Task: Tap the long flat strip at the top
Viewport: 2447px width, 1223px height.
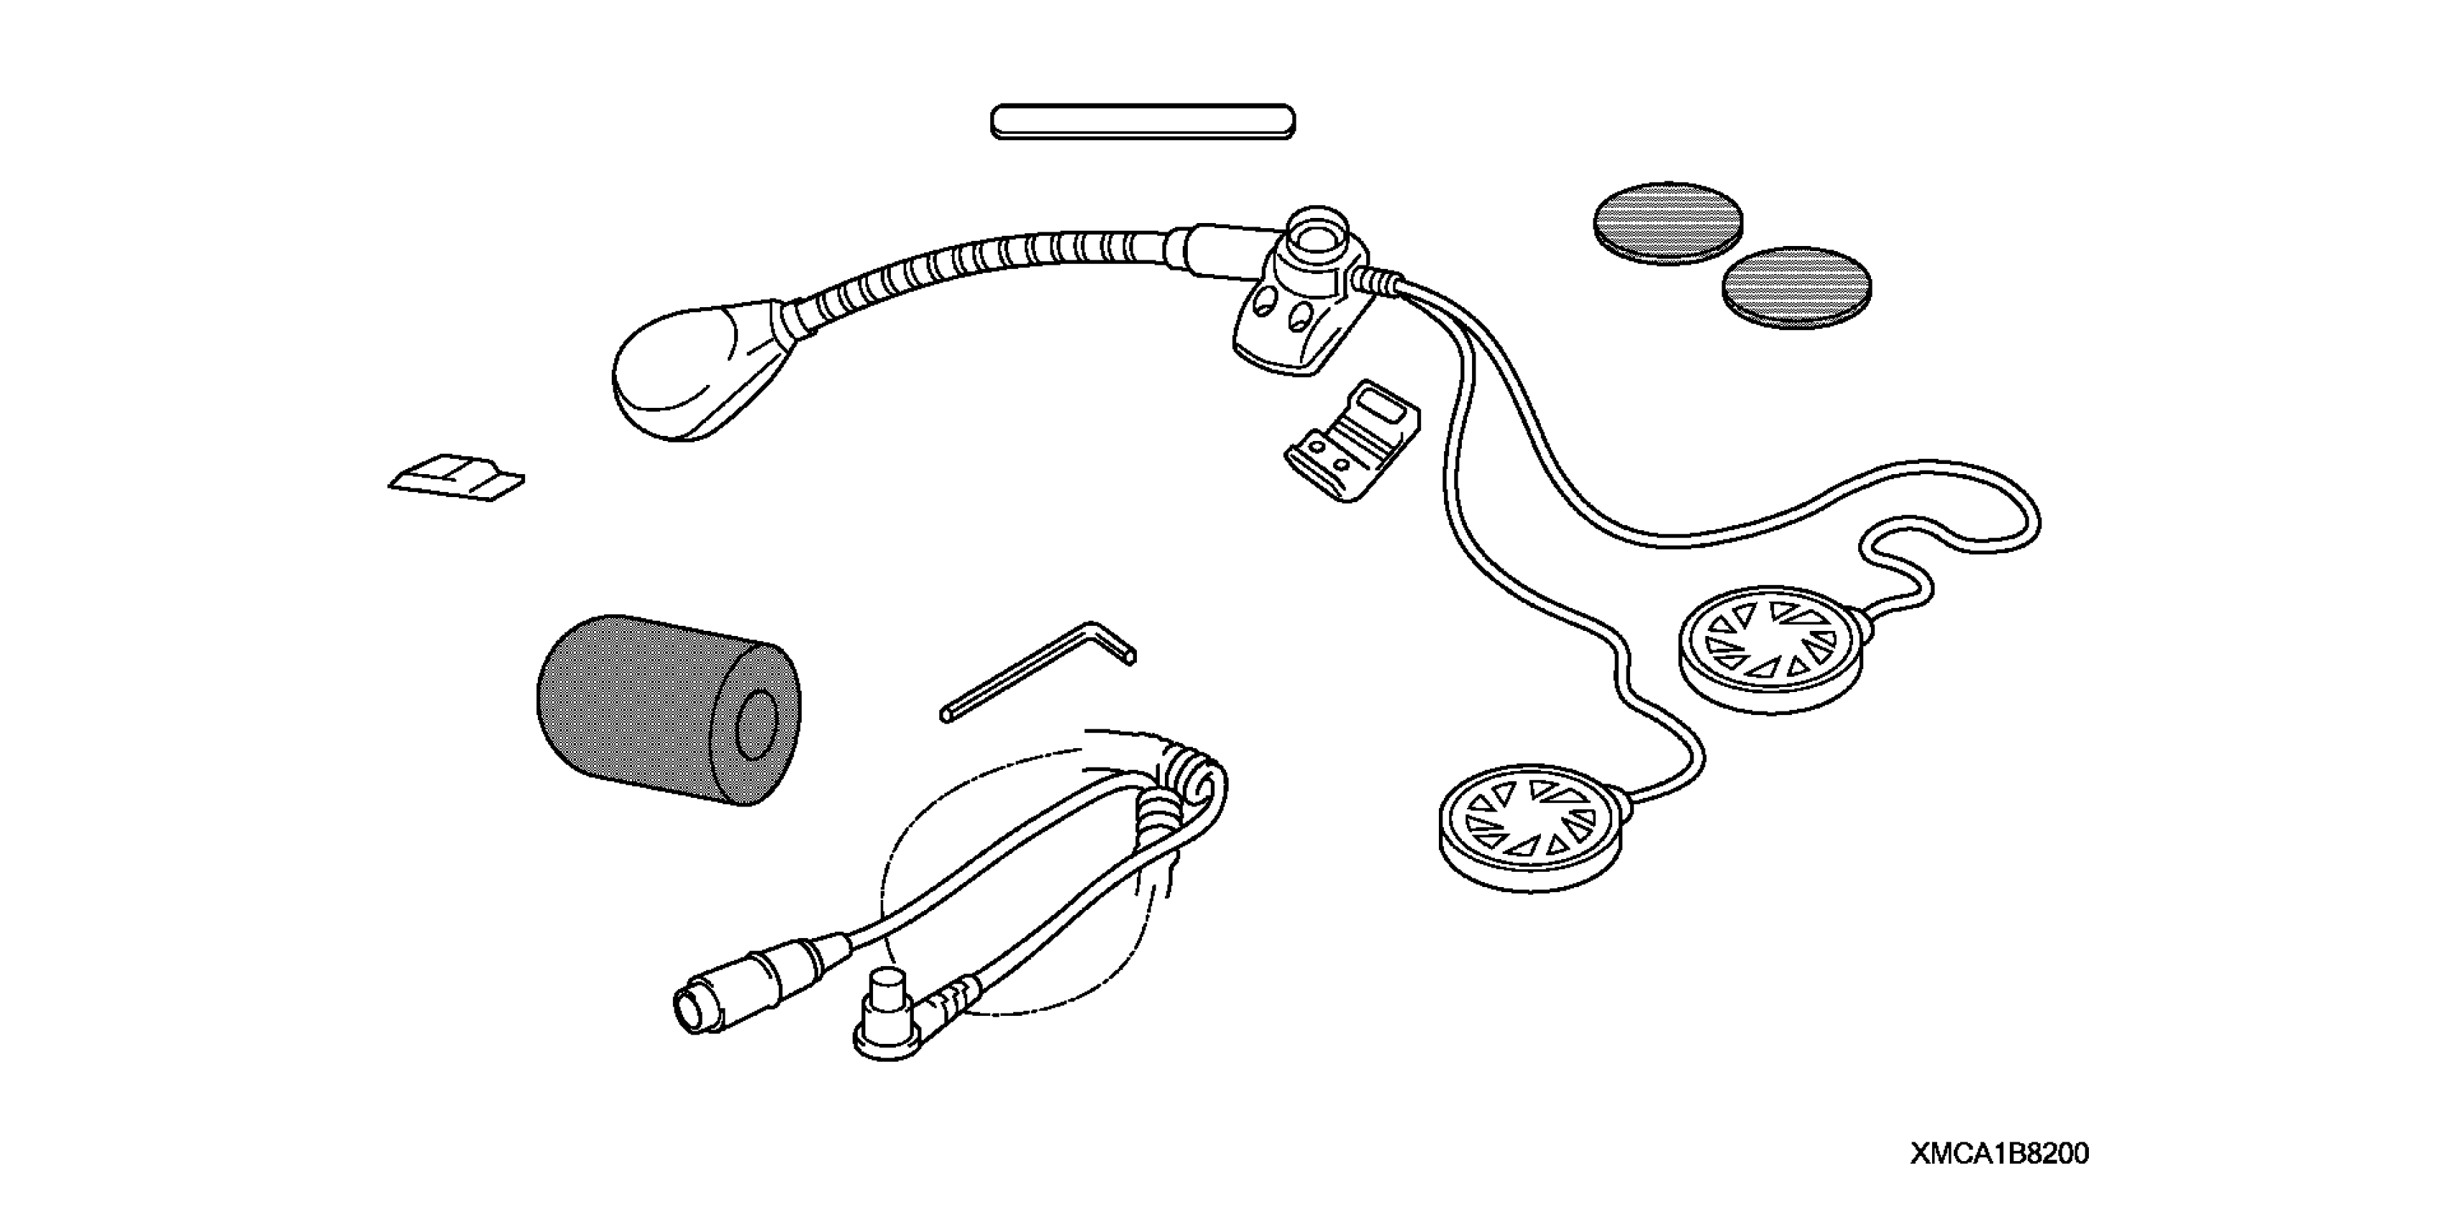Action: [x=1142, y=122]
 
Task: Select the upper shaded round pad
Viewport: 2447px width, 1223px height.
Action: [x=1668, y=222]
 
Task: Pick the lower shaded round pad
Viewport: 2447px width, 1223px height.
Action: [x=1796, y=288]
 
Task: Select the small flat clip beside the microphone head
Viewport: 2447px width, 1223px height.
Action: [x=457, y=477]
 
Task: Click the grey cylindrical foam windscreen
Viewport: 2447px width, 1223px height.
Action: [x=656, y=708]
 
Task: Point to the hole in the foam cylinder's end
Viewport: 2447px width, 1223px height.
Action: [x=756, y=724]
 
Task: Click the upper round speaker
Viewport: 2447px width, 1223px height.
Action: [x=1772, y=649]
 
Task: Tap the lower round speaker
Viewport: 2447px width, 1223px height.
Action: [x=1530, y=827]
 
